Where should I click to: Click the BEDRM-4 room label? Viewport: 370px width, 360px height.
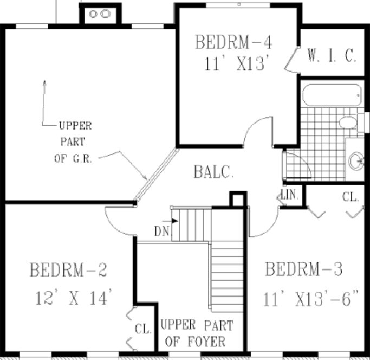233,42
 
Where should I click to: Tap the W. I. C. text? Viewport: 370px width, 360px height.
332,55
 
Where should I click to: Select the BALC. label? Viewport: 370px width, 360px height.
214,173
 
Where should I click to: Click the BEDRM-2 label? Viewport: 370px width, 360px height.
68,269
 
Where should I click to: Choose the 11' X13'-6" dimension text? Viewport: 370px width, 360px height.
311,298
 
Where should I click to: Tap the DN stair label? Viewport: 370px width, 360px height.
161,232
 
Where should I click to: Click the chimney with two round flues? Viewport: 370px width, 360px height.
100,14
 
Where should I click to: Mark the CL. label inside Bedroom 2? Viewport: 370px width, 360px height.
143,329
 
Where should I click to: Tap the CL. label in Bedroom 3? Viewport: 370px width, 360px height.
350,197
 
